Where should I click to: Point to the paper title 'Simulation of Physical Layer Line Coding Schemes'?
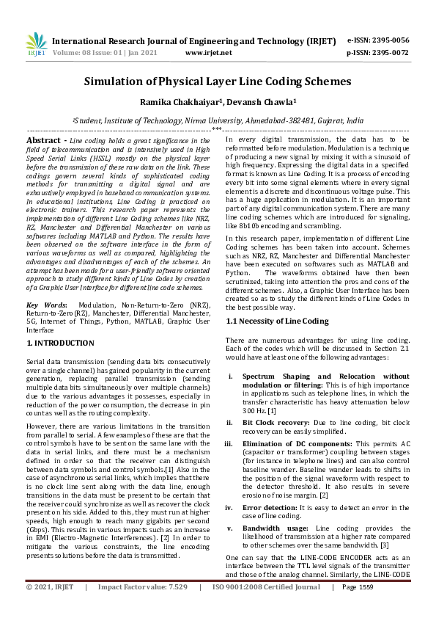point(218,81)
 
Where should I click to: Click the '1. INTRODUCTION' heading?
point(60,343)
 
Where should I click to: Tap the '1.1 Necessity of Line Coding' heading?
point(277,321)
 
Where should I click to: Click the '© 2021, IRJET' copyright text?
point(51,608)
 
